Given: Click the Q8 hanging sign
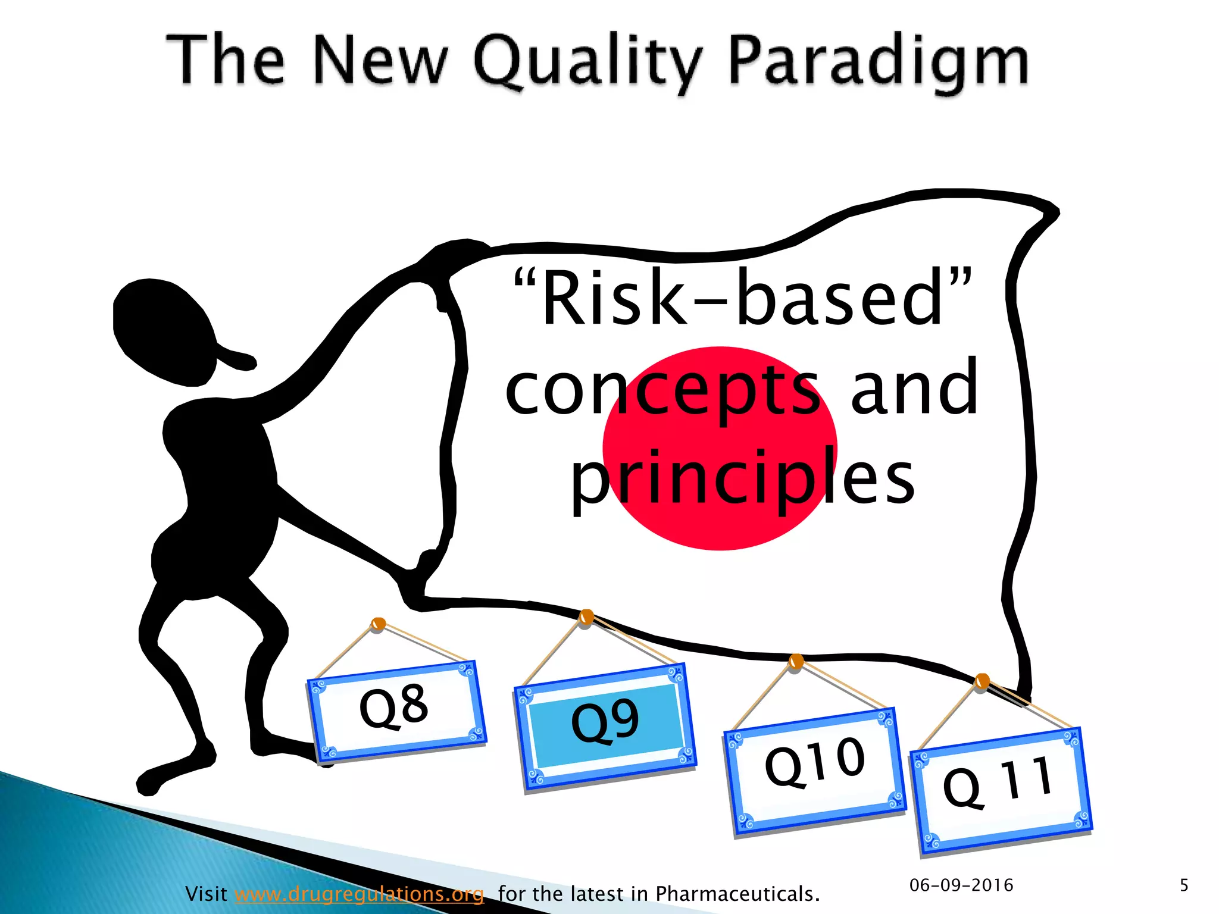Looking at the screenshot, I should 396,709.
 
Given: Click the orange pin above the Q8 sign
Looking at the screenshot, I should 378,624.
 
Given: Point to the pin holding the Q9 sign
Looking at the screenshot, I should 586,616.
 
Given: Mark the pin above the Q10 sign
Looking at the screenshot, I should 796,661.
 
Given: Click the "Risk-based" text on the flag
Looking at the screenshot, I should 742,298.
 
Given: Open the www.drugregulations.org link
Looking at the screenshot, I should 359,893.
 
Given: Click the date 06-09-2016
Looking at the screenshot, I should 961,885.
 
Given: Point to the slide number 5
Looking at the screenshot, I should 1184,885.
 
